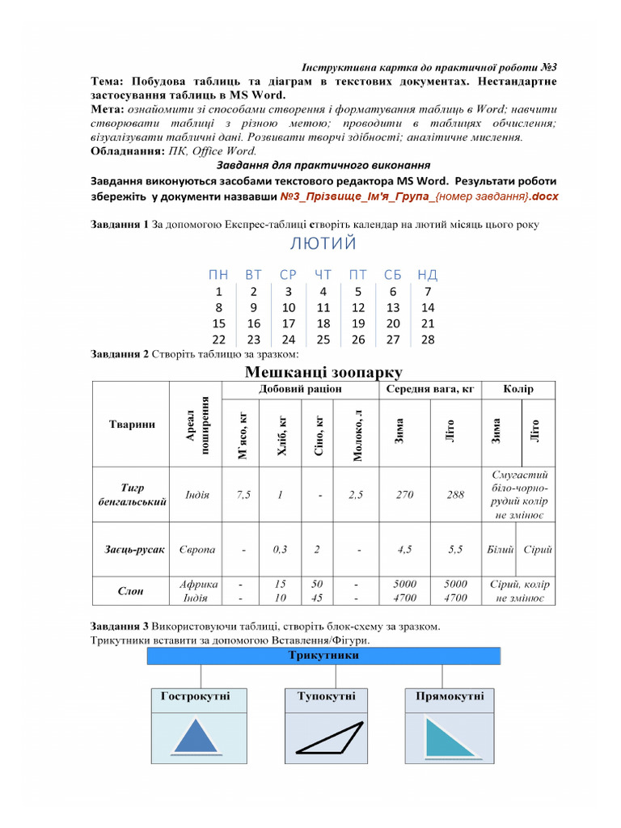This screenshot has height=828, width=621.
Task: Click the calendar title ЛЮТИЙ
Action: click(x=323, y=243)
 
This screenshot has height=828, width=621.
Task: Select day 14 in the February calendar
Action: click(x=428, y=307)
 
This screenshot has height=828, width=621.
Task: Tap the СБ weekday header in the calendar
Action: click(x=393, y=275)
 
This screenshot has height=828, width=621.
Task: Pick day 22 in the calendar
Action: click(x=218, y=340)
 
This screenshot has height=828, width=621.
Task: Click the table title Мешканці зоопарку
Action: click(x=323, y=372)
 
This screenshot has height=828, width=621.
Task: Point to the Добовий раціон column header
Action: click(x=301, y=389)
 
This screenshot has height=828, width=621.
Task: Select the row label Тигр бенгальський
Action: click(x=132, y=495)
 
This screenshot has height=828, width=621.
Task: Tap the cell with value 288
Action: click(x=455, y=495)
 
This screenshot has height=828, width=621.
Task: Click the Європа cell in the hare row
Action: click(x=196, y=550)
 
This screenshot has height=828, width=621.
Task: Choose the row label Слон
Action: click(x=132, y=591)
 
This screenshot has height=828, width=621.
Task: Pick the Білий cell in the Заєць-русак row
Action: click(x=500, y=550)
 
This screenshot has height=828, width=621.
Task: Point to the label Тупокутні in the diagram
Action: click(x=326, y=696)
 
